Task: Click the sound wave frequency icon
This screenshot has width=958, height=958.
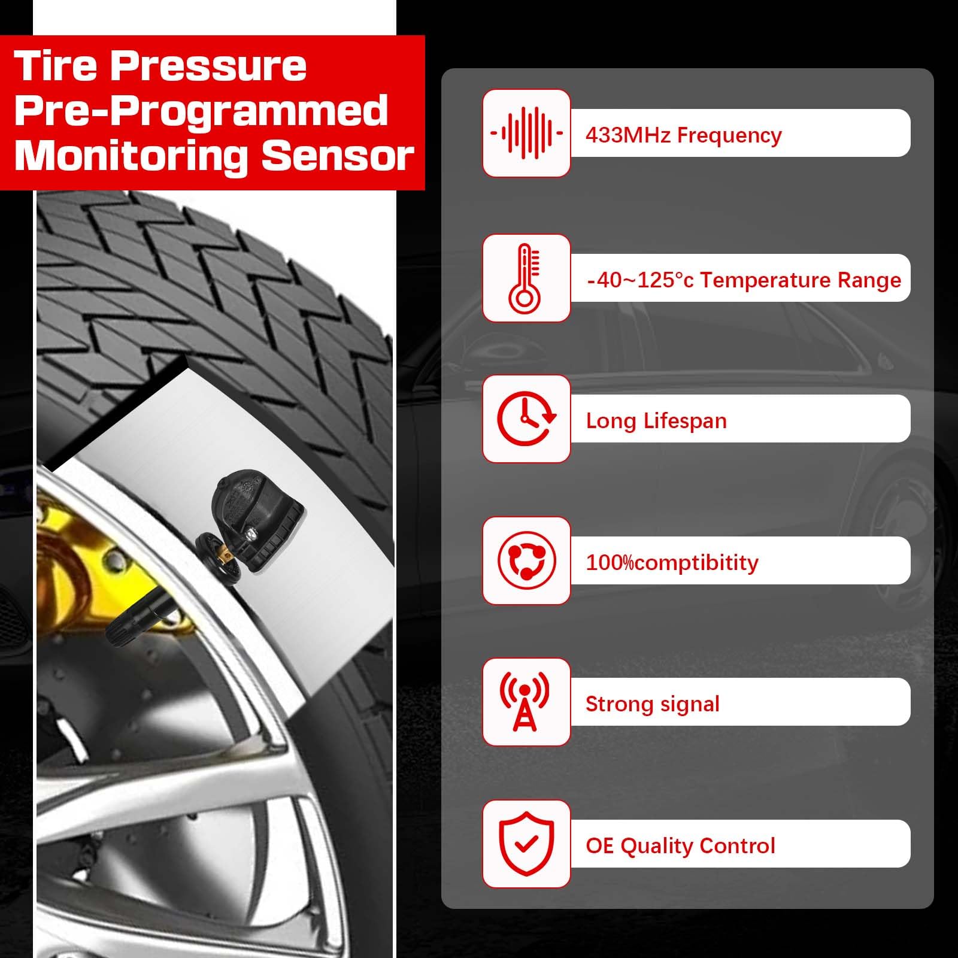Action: tap(526, 133)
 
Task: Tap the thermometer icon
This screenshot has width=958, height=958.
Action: tap(526, 278)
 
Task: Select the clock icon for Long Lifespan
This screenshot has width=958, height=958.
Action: tap(526, 419)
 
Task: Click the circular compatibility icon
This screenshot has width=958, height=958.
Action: tap(526, 561)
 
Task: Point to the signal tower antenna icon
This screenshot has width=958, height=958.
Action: tap(525, 702)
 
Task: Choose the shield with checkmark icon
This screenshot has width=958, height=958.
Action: tap(526, 844)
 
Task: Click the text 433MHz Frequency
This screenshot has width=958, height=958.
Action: tap(683, 135)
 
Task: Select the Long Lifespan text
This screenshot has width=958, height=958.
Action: tap(656, 421)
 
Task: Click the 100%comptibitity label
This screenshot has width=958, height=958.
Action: tap(671, 562)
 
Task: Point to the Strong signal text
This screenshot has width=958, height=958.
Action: tap(652, 704)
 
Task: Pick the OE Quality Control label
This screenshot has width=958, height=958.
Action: tap(680, 845)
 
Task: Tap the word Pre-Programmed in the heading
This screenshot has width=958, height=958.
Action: tap(201, 111)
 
